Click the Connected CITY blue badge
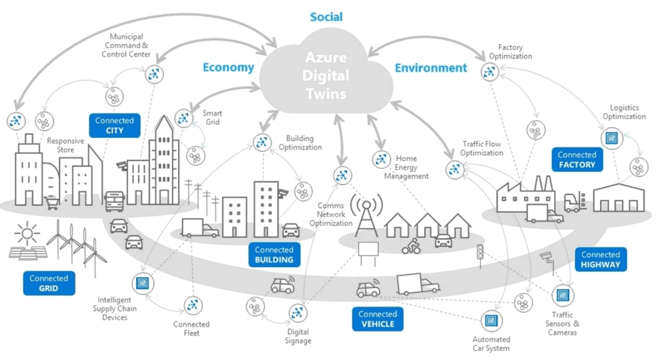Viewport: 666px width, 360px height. [x=114, y=125]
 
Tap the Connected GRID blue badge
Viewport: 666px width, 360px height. [x=49, y=283]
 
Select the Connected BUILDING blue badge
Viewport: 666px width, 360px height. [x=274, y=255]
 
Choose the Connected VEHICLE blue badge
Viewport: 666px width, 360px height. [x=377, y=319]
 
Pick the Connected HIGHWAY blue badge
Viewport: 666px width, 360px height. [x=601, y=259]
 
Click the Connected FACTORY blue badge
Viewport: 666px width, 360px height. [x=576, y=160]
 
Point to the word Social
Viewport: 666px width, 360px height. [x=326, y=17]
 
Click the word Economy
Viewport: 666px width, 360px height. [x=228, y=68]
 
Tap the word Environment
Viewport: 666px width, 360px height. [x=431, y=68]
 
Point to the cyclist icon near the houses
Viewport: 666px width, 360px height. [x=411, y=246]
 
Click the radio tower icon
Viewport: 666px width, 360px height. [x=367, y=214]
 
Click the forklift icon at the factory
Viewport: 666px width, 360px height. [x=574, y=202]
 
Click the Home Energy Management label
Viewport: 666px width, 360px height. [x=406, y=167]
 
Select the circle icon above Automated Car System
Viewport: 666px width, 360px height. [x=491, y=321]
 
